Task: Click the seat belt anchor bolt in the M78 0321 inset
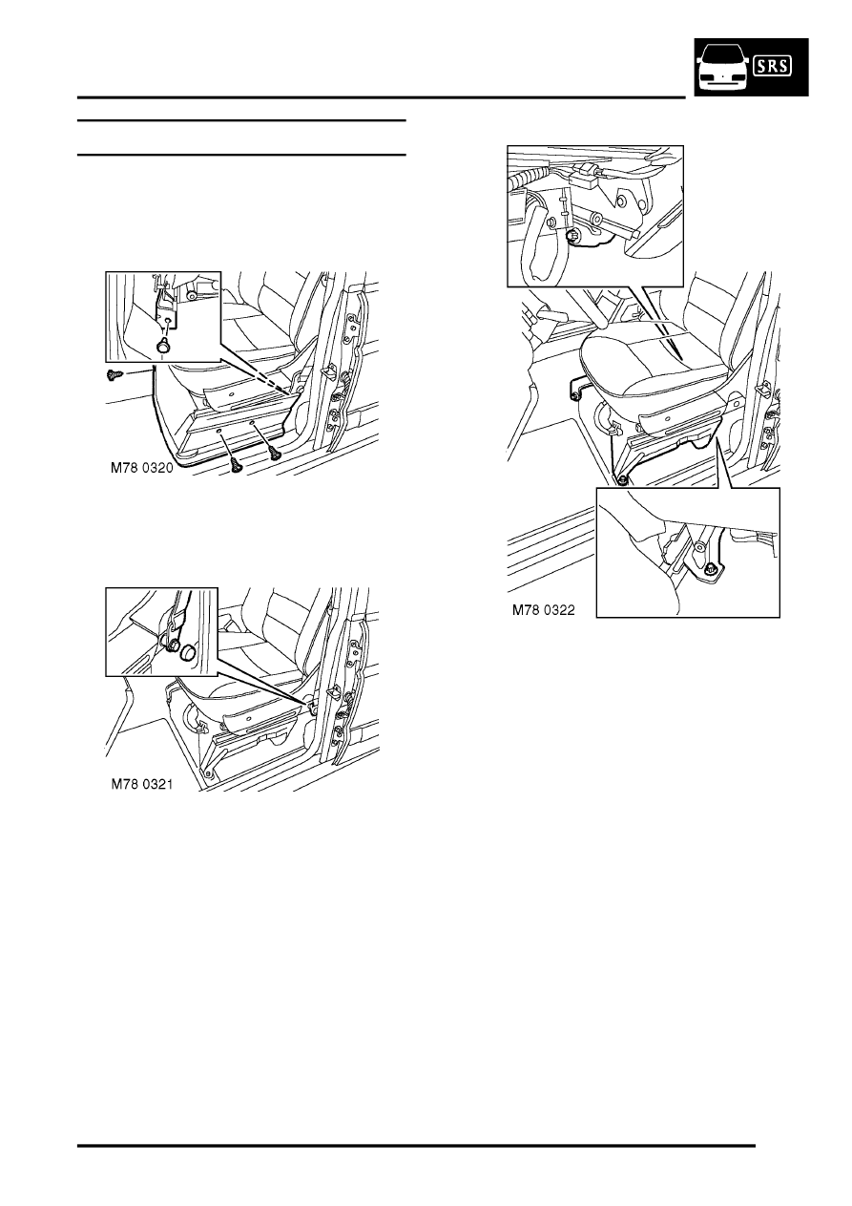(x=174, y=645)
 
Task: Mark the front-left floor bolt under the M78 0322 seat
(x=621, y=479)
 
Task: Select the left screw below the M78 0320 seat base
(x=237, y=463)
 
